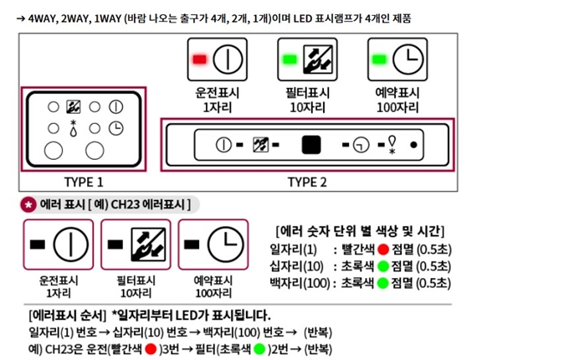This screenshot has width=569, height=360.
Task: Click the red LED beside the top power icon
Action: click(x=200, y=60)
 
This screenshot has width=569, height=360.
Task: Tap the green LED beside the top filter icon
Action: click(x=289, y=60)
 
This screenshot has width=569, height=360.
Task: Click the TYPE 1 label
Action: click(x=85, y=182)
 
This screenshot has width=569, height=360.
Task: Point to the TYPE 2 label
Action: click(x=307, y=182)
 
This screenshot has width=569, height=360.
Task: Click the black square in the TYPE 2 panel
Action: click(x=311, y=145)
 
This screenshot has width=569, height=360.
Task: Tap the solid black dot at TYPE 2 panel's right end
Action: click(x=413, y=145)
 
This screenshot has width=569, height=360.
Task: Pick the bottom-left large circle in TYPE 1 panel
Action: click(x=53, y=151)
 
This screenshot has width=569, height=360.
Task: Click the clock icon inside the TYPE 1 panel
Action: click(x=116, y=128)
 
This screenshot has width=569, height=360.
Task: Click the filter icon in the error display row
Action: click(x=147, y=244)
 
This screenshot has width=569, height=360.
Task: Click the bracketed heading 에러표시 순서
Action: click(x=62, y=315)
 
